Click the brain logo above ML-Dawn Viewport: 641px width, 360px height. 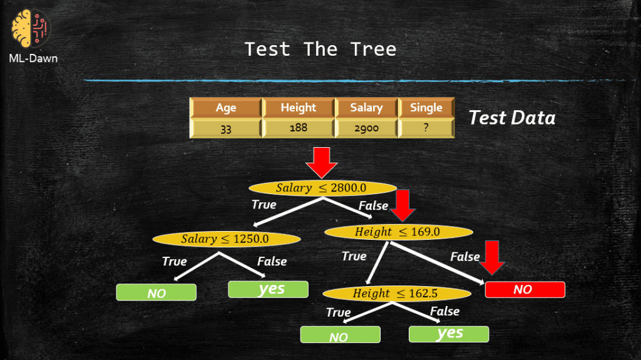tap(30, 29)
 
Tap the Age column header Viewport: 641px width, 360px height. tap(225, 108)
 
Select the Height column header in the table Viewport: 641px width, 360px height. tap(299, 108)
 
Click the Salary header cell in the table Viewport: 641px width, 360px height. tap(366, 108)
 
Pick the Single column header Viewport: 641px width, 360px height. tap(426, 108)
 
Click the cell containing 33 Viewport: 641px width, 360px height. tap(225, 128)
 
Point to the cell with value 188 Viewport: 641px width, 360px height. tap(299, 128)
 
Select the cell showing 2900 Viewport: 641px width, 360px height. tap(366, 128)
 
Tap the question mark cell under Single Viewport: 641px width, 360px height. tap(426, 128)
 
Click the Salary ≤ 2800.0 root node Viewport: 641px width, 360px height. tap(322, 188)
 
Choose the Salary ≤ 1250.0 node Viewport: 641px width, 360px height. tap(226, 239)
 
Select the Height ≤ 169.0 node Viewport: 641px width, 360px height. tap(399, 232)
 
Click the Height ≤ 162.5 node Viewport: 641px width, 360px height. tap(396, 293)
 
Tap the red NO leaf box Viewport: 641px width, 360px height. tap(525, 290)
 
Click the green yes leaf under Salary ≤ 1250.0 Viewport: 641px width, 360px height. tap(268, 289)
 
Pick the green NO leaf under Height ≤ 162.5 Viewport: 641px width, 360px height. tap(340, 334)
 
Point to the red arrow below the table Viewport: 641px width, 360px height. tap(322, 163)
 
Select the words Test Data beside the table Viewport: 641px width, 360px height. tap(512, 118)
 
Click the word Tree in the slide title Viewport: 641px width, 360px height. tap(373, 49)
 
